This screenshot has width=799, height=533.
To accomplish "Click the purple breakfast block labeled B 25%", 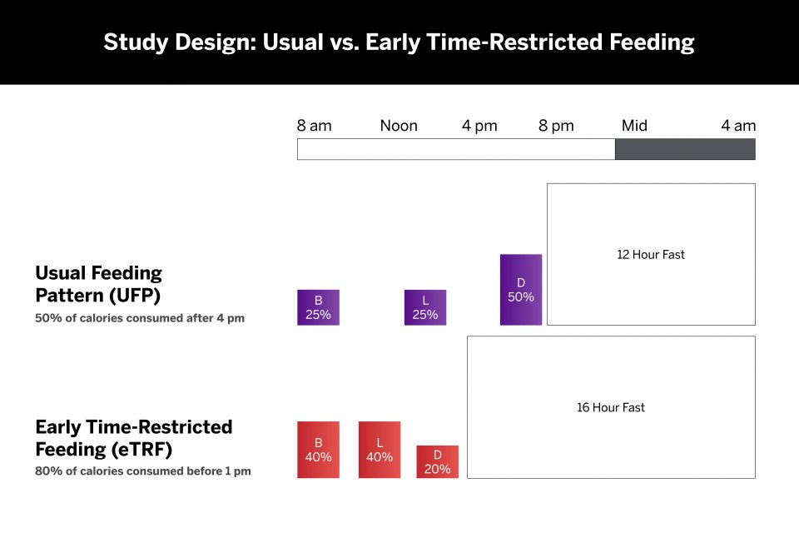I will click(x=318, y=307).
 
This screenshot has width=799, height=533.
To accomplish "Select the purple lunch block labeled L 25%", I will click(x=425, y=307).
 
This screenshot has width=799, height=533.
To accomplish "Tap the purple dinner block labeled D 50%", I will click(x=521, y=290).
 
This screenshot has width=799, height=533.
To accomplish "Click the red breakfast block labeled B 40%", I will click(x=318, y=450).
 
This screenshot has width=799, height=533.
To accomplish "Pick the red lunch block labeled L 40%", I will click(x=380, y=450).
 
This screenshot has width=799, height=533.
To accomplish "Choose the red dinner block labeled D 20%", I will click(x=438, y=462).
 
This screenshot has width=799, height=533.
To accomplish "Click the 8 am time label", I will click(x=314, y=126).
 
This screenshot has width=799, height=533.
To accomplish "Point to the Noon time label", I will click(x=399, y=126).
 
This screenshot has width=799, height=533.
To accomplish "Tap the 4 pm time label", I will click(x=479, y=126).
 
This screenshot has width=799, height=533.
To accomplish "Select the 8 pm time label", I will click(x=556, y=126).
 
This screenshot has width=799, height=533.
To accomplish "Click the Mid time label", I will click(x=634, y=126).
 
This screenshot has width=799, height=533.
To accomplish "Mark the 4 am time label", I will click(x=738, y=126).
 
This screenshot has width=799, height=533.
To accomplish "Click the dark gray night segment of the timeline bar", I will click(x=685, y=149).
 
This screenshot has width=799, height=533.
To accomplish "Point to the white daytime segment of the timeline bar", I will click(x=456, y=149).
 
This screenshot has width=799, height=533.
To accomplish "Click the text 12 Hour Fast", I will click(x=651, y=255).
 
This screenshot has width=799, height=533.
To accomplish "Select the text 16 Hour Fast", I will click(x=611, y=408).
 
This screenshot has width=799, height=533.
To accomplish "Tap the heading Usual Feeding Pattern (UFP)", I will click(x=98, y=284).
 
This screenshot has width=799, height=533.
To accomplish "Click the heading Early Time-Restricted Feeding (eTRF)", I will click(x=133, y=438).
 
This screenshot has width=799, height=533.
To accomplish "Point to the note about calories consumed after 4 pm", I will click(x=140, y=318).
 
